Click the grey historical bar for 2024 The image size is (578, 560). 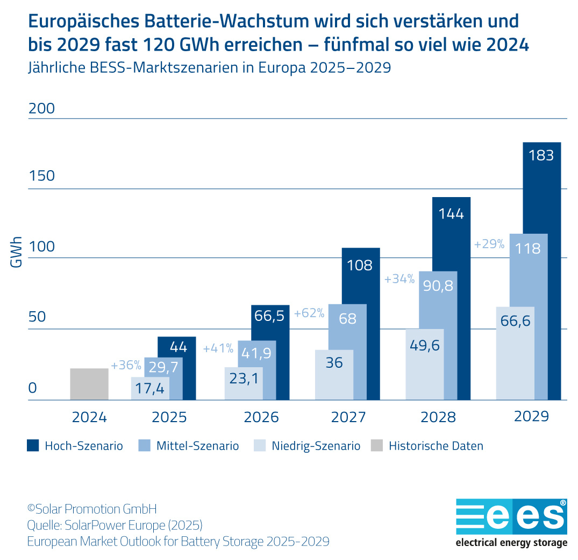(x=89, y=384)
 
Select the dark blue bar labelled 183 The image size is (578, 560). (x=541, y=269)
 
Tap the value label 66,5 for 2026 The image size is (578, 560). (x=269, y=316)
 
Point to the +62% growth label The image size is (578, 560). (x=309, y=313)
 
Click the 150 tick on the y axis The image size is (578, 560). (x=41, y=176)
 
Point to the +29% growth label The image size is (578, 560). (x=489, y=244)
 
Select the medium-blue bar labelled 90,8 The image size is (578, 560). (x=439, y=285)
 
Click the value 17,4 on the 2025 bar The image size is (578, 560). (x=150, y=388)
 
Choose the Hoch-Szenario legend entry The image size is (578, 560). (x=75, y=446)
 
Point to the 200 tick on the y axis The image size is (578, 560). (x=41, y=108)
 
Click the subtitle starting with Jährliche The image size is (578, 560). (x=209, y=68)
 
